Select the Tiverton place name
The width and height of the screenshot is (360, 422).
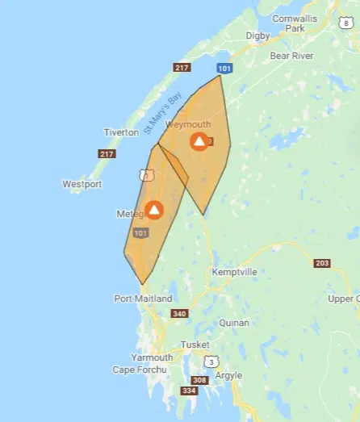click(122, 132)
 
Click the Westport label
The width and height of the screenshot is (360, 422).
click(82, 184)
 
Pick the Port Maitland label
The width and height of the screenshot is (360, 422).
click(143, 299)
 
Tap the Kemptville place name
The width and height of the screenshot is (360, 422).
click(234, 273)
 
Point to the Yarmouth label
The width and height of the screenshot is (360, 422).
click(153, 357)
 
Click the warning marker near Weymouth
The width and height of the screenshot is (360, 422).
click(199, 142)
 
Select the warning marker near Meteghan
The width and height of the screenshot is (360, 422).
click(153, 210)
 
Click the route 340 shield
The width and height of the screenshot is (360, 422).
click(179, 314)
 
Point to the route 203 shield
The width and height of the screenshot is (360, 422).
click(322, 264)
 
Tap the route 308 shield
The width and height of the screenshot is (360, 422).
click(198, 380)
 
